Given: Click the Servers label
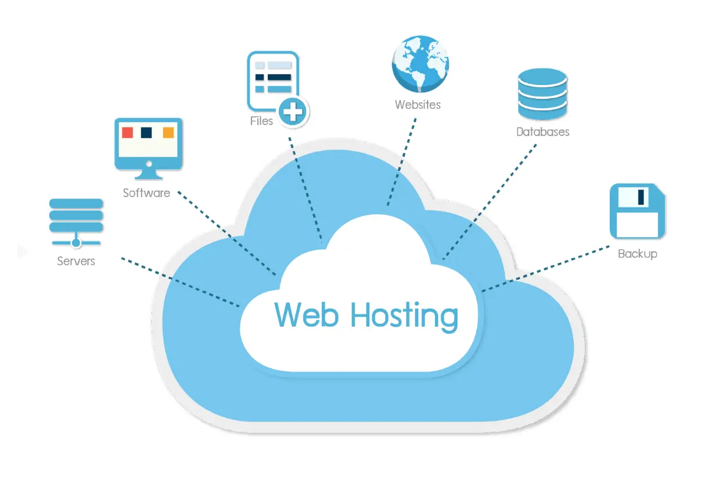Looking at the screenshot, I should pos(75,261).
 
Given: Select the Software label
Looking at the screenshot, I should pos(146,192).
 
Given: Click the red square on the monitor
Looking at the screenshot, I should pos(127,133).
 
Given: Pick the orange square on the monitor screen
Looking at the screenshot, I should pos(168,133).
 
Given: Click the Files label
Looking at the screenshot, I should pos(261,121).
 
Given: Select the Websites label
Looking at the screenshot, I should pos(418,105).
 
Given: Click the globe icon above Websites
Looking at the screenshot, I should pos(420,65).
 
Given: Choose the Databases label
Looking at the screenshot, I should pos(542,132).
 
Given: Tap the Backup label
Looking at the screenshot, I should pos(637,253).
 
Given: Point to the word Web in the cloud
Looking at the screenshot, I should pos(307,315).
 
